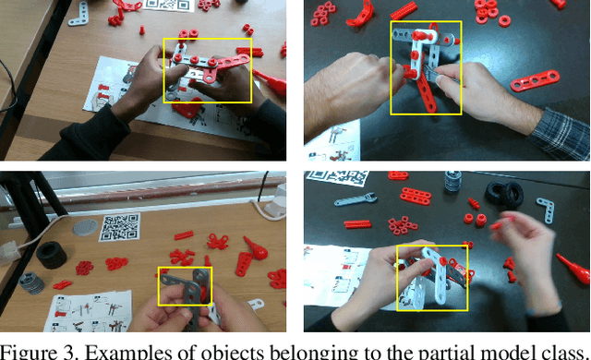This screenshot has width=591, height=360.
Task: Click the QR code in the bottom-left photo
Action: coord(119,227)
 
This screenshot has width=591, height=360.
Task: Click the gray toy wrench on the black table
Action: coord(351,199)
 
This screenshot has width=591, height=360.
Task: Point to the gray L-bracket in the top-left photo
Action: coord(80,12)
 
